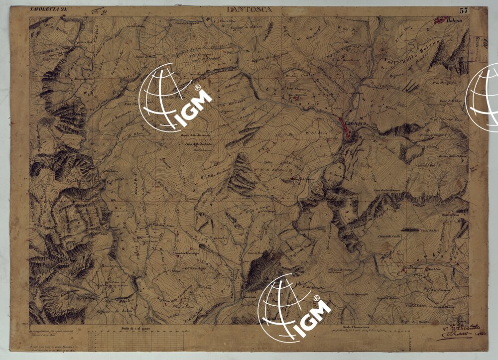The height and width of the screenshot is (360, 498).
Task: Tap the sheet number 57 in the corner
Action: pyautogui.click(x=464, y=10)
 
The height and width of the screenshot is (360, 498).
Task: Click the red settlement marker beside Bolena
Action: pyautogui.click(x=440, y=20)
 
